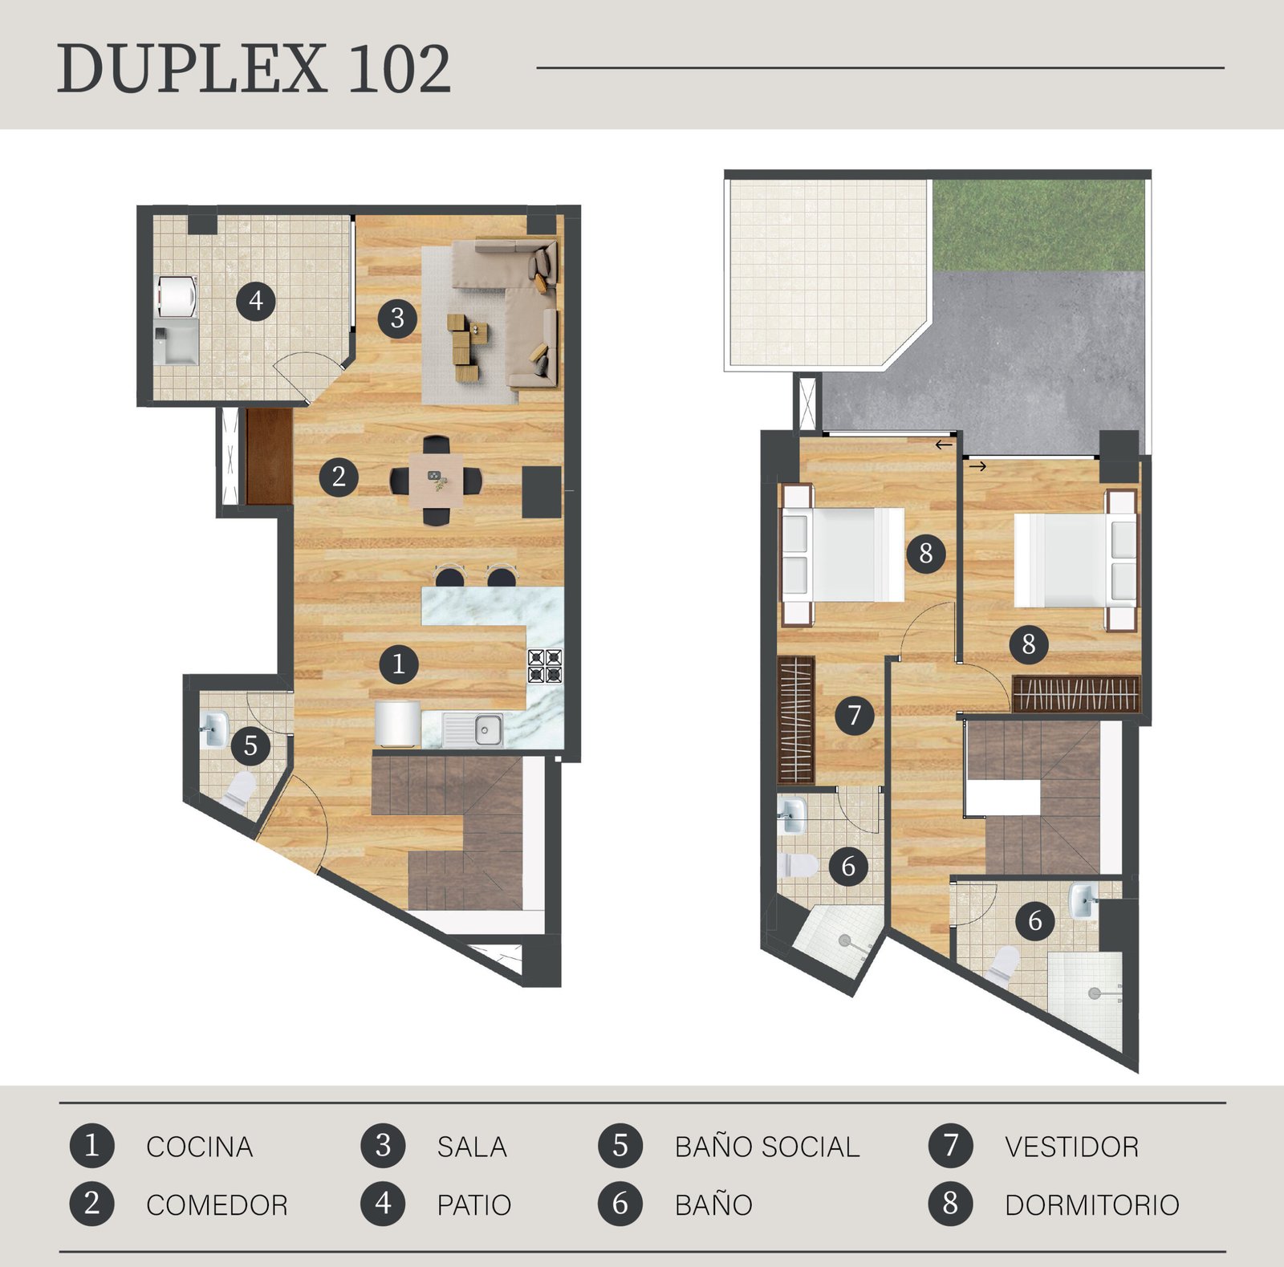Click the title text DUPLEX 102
(254, 69)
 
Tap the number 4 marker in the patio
(256, 301)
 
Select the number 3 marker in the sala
(397, 319)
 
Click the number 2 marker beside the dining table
(339, 477)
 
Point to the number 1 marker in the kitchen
(399, 664)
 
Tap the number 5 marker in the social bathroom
(250, 745)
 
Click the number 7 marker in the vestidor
(855, 714)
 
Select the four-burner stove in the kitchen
(545, 666)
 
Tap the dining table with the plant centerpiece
(436, 480)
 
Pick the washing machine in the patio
(176, 297)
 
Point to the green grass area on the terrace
(1038, 225)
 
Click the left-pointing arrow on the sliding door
(944, 445)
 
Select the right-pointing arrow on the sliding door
(977, 465)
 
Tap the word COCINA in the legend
(199, 1147)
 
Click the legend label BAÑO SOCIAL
(767, 1147)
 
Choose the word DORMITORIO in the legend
(1092, 1205)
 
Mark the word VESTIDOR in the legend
(1072, 1147)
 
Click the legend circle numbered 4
(384, 1204)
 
